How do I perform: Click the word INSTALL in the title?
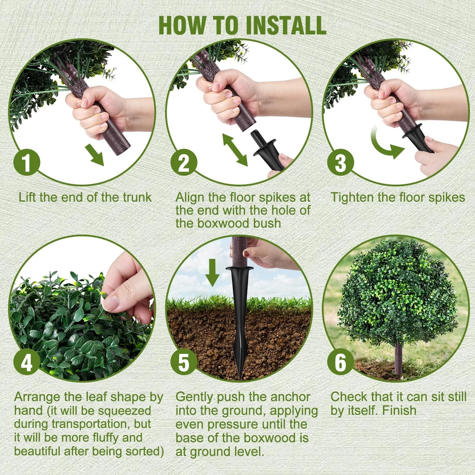286,25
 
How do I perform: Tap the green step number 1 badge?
27,162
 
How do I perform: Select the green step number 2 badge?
184,162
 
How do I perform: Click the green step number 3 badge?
341,162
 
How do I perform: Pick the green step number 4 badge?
27,361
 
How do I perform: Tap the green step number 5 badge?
184,361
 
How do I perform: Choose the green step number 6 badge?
341,361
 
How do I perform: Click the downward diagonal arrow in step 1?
95,155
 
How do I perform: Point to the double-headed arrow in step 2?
235,150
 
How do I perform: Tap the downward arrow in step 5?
212,272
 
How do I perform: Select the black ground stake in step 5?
240,321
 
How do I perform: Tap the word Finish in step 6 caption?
399,410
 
